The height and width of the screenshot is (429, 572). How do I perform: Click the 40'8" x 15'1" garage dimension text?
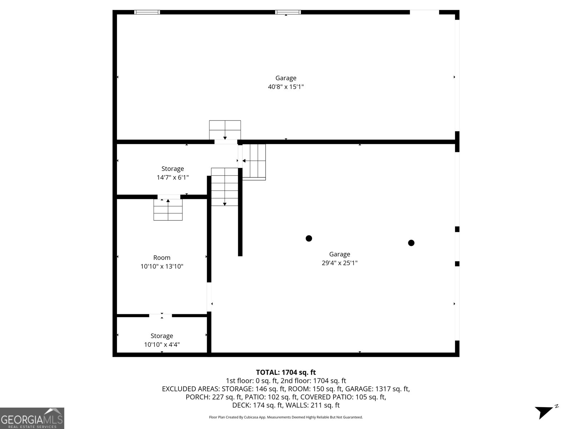[x=286, y=87]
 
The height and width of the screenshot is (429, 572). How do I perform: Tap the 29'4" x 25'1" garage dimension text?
[x=339, y=263]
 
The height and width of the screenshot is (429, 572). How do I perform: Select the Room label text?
[x=162, y=257]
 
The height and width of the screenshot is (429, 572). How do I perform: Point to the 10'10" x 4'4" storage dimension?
[x=162, y=345]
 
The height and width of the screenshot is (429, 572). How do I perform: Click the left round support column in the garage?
[x=309, y=238]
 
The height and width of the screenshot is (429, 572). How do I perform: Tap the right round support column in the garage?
[x=411, y=243]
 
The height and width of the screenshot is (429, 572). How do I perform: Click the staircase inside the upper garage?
[x=225, y=130]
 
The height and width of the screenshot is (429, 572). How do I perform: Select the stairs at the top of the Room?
[x=168, y=210]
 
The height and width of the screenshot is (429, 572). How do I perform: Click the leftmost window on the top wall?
[x=147, y=12]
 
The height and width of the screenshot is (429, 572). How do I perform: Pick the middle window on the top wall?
[x=288, y=12]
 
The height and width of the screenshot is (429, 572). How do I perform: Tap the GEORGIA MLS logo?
[x=32, y=418]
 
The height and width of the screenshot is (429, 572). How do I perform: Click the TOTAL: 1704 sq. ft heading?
[x=286, y=373]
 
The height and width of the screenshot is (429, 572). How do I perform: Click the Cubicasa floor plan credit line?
[x=286, y=417]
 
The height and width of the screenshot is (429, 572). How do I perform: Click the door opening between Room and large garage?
[x=209, y=297]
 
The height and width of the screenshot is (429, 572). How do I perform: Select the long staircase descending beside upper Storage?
[x=225, y=187]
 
